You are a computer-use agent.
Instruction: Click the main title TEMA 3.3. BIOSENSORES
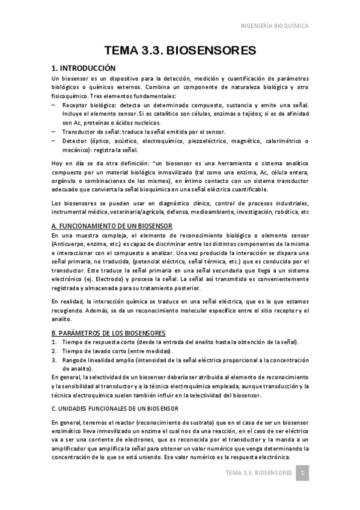(x=180, y=50)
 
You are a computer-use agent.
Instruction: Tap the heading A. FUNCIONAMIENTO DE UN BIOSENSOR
(x=112, y=225)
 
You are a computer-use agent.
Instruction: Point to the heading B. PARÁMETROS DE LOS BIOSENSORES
(x=109, y=333)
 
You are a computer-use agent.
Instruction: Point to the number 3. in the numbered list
(x=54, y=360)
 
